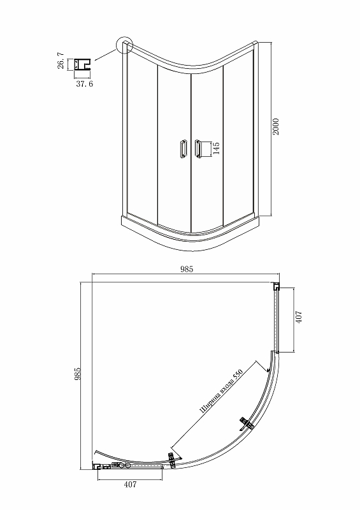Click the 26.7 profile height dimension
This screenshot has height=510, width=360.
click(x=61, y=61)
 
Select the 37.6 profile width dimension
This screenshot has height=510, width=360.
click(x=85, y=84)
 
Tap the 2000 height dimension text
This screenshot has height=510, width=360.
click(x=275, y=127)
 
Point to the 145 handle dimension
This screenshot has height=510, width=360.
click(x=216, y=148)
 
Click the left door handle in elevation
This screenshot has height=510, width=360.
click(x=183, y=149)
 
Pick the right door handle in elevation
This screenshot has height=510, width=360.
click(x=198, y=149)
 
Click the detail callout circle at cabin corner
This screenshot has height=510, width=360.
click(x=125, y=45)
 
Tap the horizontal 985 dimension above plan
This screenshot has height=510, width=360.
click(x=186, y=269)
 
